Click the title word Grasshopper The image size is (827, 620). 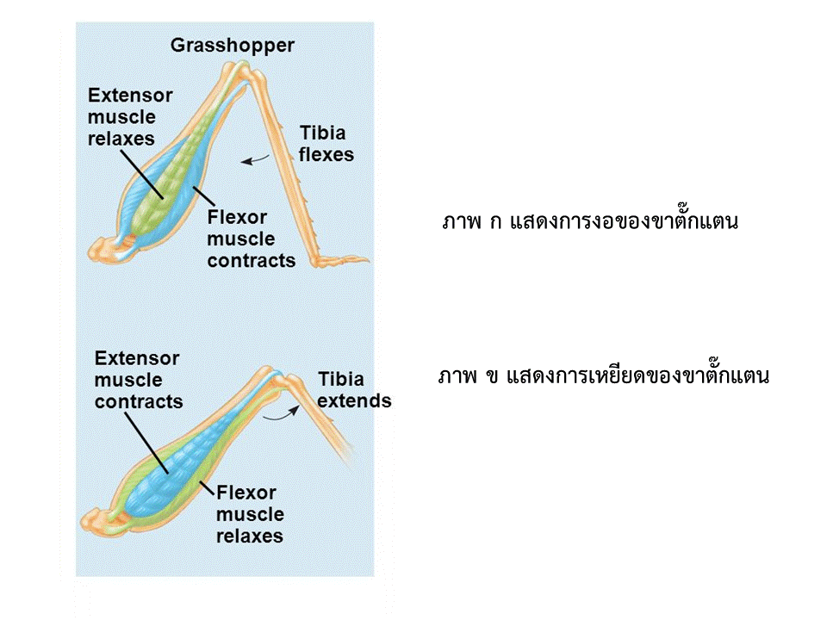coord(232,46)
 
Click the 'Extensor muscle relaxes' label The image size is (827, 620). coord(130,116)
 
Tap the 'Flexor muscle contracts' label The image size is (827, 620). coord(251,239)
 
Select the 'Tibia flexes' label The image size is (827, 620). coord(326,144)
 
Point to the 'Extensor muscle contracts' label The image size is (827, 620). coord(139,380)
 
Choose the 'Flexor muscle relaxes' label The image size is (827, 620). coord(250,514)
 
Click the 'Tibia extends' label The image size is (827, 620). coord(354,390)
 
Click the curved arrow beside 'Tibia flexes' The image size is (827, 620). coord(255,160)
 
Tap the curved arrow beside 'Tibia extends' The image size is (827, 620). coord(282,414)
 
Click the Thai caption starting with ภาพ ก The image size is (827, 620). coord(589,221)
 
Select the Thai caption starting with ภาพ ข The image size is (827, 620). coord(603,376)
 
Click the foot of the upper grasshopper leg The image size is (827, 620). coord(340,260)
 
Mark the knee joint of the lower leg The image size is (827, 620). coord(279,377)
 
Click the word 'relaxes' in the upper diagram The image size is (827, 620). coord(121,139)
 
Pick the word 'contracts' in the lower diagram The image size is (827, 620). coord(139,402)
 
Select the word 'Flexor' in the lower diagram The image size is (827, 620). coord(246,493)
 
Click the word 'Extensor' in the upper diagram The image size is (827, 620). coord(130,96)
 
